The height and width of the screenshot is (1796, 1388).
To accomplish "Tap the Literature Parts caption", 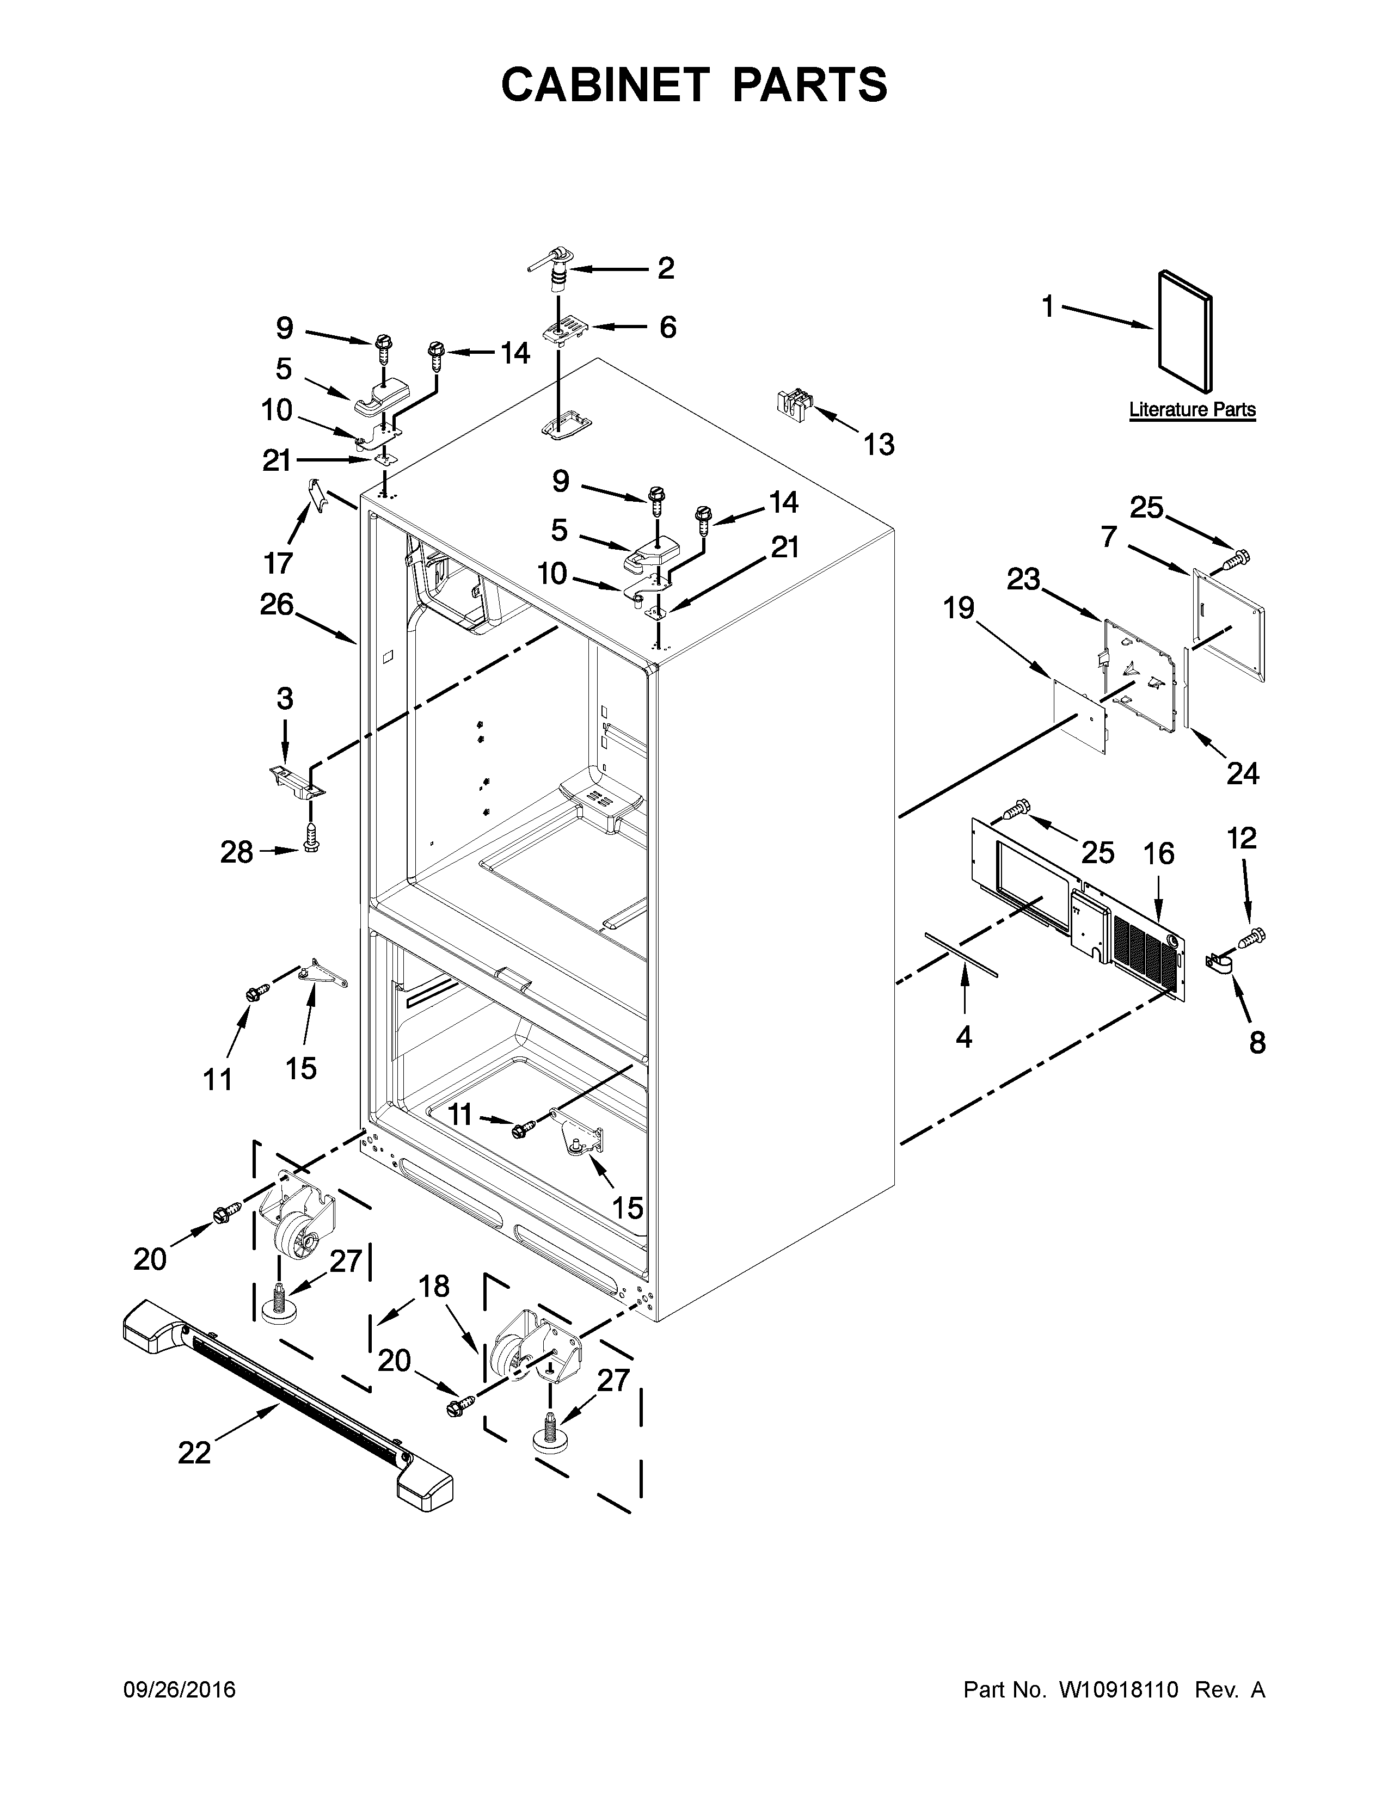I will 1192,409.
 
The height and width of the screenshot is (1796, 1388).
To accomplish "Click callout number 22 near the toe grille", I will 195,1453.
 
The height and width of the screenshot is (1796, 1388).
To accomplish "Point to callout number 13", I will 878,445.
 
